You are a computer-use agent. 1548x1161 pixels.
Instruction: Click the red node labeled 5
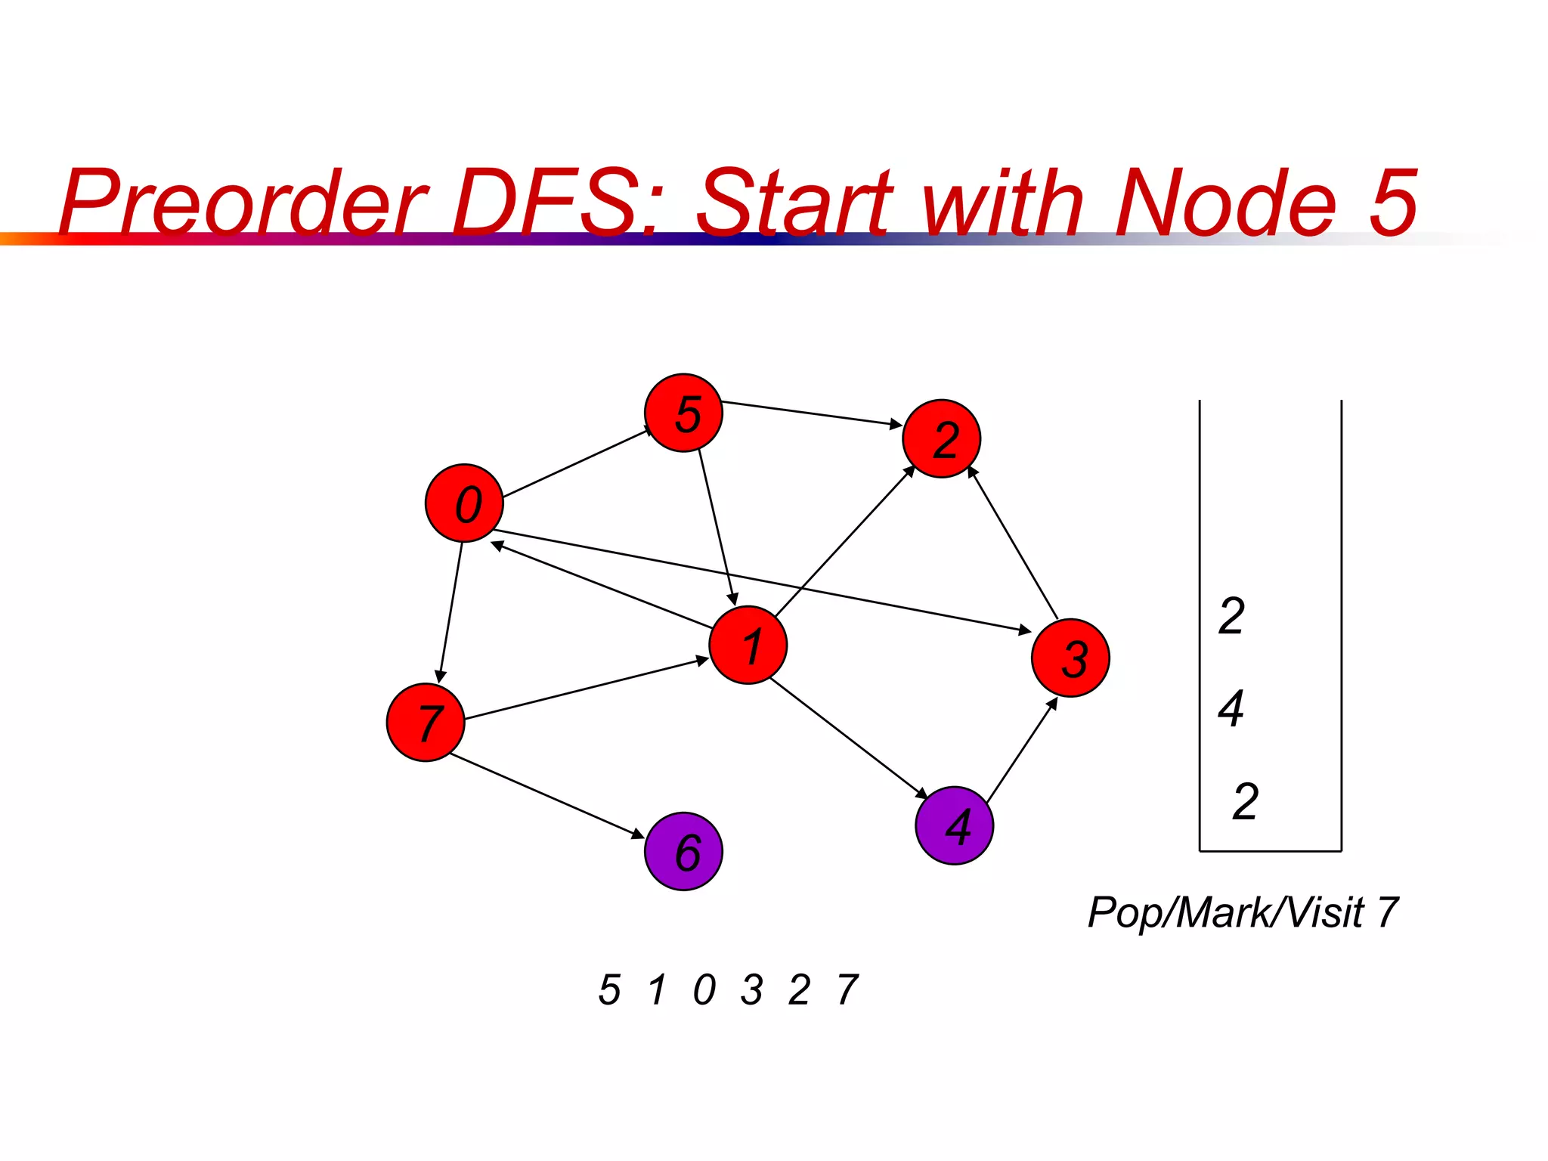pos(683,413)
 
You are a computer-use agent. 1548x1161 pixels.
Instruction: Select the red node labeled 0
pos(464,503)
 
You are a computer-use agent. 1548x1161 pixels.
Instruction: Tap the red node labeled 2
pos(941,438)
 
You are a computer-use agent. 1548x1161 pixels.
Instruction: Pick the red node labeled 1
pos(748,645)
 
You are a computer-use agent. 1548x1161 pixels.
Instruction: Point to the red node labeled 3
pos(1070,658)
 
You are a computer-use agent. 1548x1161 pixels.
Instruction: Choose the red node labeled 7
pos(425,722)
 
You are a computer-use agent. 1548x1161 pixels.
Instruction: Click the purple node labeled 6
pos(683,851)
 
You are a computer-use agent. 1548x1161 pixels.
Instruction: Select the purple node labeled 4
pos(954,825)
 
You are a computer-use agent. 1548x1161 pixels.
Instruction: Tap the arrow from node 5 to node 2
pos(811,413)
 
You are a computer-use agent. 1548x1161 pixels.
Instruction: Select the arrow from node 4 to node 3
pos(1022,751)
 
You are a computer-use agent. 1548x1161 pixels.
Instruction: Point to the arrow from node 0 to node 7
pos(451,611)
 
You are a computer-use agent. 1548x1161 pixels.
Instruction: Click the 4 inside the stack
pos(1231,708)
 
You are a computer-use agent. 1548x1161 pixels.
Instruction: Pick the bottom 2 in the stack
pos(1245,801)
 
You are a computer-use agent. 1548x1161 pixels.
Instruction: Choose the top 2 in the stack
pos(1231,615)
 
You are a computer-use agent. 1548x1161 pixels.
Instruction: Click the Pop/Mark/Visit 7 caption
pos(1243,912)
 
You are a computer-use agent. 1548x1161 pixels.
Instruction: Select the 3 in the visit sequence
pos(751,989)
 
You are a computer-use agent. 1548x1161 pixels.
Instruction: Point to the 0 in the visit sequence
pos(704,989)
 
